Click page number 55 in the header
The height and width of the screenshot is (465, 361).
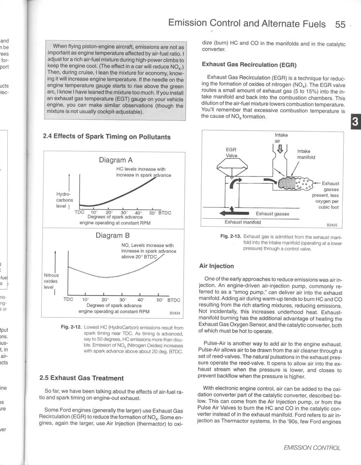tap(340, 24)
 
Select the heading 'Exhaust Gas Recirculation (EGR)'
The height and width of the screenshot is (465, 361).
tap(249, 65)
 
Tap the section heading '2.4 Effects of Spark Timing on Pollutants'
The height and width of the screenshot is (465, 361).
tap(106, 137)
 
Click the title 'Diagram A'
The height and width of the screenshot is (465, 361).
tap(116, 160)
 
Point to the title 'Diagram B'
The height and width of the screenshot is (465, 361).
tap(113, 235)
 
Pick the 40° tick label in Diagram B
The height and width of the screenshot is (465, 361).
tap(141, 300)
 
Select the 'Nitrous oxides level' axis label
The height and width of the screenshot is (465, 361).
tap(51, 281)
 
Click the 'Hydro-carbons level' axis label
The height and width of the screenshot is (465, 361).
tap(64, 200)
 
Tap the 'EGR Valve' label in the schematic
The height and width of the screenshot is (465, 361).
tap(231, 152)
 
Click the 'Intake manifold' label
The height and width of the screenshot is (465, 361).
tap(306, 154)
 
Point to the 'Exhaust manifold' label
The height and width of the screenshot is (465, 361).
tap(243, 222)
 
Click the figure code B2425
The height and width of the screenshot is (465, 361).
tap(332, 225)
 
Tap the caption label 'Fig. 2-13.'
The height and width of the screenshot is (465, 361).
tap(231, 237)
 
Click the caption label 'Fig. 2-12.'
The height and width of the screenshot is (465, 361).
tap(71, 327)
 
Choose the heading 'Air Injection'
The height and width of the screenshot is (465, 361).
tap(216, 266)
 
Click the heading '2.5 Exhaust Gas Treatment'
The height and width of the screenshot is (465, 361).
tap(81, 378)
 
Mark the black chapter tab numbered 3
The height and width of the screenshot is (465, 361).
tap(355, 122)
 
